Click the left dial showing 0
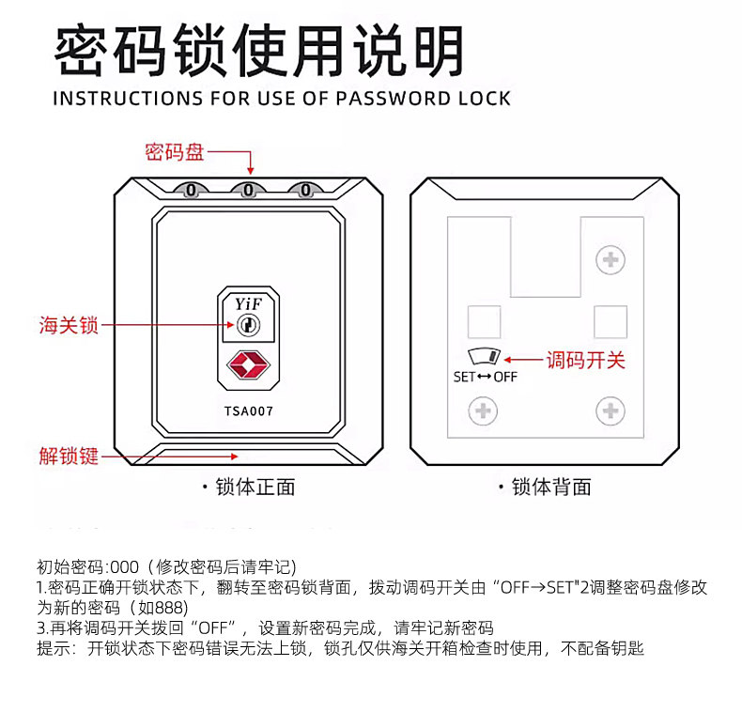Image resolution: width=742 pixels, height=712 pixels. point(191,191)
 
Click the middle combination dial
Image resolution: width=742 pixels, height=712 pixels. point(248,191)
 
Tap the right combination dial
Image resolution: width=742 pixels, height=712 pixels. point(305,191)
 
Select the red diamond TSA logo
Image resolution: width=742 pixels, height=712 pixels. point(248,366)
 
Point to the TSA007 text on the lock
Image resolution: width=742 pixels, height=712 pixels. point(249,410)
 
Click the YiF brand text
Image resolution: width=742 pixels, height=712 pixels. point(248,303)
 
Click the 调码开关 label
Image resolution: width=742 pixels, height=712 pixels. point(586,360)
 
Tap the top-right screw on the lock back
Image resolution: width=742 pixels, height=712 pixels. point(611,258)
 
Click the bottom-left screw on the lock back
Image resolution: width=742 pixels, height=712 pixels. point(483,410)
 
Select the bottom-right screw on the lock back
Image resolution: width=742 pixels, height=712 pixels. point(611,410)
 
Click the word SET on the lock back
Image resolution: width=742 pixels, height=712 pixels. point(464,377)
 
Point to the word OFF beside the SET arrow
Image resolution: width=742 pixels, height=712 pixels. point(505,377)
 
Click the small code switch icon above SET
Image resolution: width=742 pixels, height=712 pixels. point(485,357)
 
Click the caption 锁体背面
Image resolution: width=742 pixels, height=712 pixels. point(551,487)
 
